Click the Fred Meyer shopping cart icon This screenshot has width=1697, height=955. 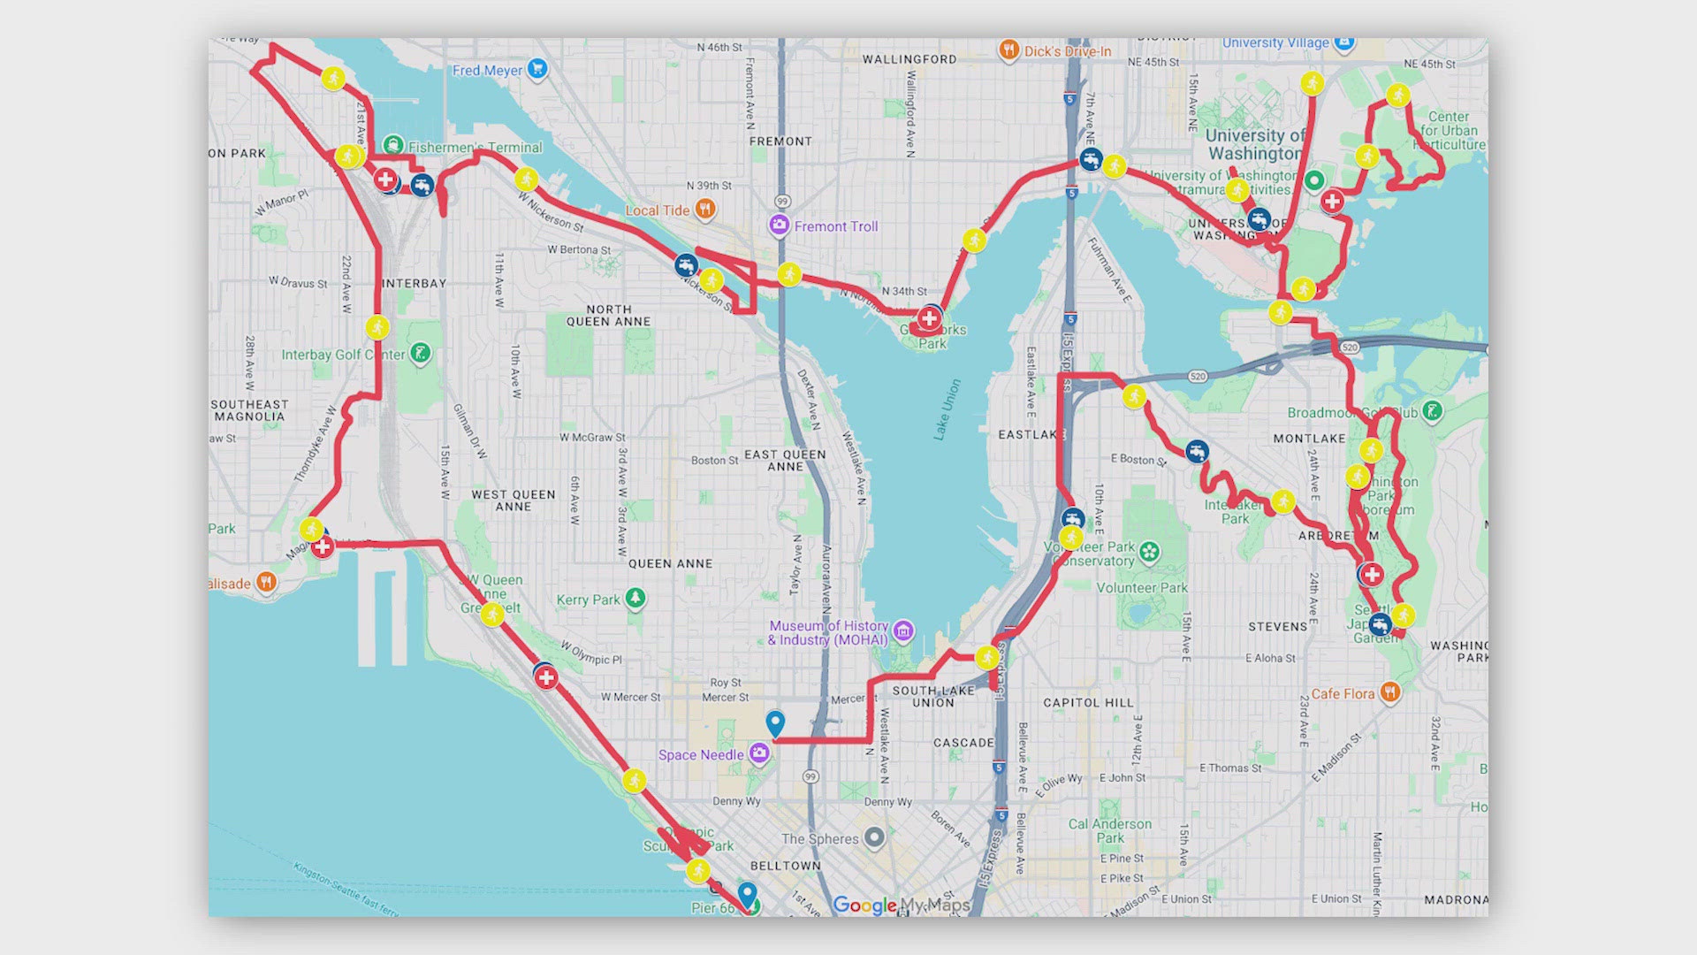[536, 68]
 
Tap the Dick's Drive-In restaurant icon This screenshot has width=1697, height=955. [1008, 50]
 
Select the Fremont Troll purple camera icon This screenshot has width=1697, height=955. [779, 225]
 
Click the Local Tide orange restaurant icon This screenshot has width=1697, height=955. [704, 209]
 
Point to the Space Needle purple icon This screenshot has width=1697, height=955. [759, 753]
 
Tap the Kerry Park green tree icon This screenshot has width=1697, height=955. [635, 599]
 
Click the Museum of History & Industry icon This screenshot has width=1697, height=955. [902, 630]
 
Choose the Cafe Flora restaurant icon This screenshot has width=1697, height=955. [1390, 692]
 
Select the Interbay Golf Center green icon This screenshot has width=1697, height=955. [421, 354]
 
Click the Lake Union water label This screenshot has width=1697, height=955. [947, 409]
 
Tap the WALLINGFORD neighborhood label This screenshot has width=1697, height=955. [909, 59]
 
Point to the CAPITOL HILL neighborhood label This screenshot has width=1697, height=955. [1088, 703]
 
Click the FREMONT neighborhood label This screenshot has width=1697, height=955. [780, 141]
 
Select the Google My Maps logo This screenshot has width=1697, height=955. [902, 905]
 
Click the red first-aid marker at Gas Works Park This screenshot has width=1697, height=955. [929, 318]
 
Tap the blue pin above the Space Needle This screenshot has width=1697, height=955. [775, 723]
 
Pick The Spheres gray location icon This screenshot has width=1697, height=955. [874, 837]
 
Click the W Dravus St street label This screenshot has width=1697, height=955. [298, 283]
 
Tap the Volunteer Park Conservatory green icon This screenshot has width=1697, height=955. [1149, 553]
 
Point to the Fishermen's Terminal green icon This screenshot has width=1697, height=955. [393, 145]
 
